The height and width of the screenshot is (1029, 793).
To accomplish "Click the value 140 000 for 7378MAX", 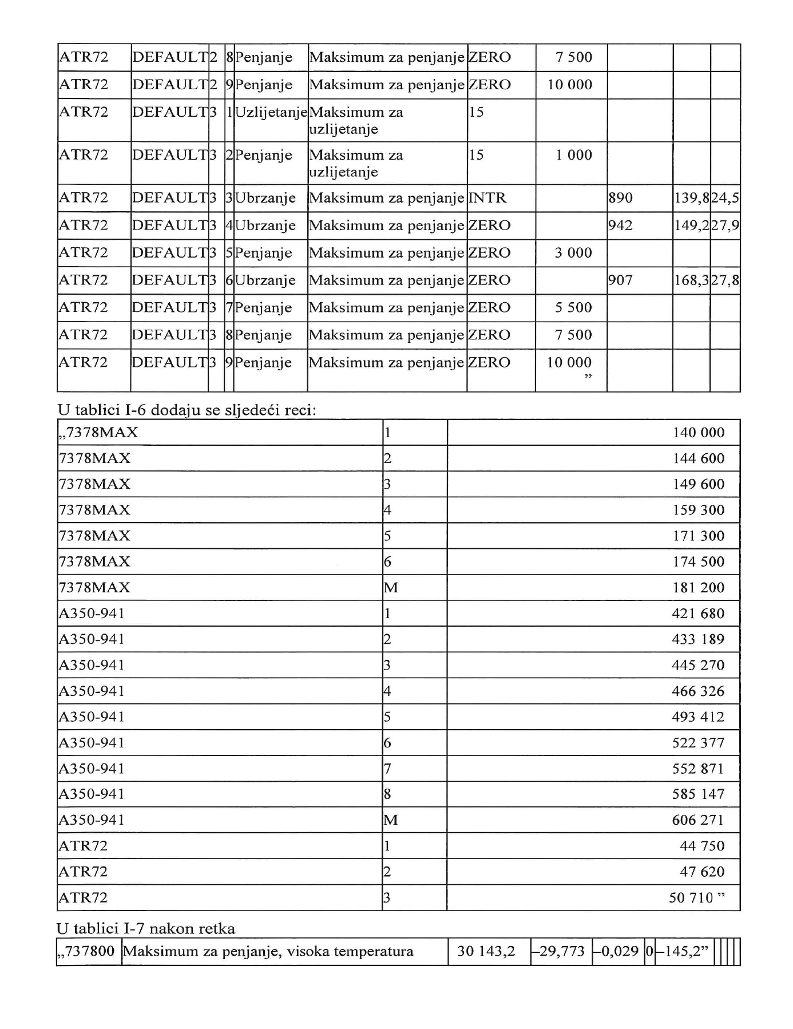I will click(698, 433).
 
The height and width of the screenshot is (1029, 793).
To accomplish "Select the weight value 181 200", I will click(698, 588).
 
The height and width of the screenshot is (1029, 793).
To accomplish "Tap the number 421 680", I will click(697, 614).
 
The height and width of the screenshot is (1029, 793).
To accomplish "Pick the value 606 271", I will click(697, 820).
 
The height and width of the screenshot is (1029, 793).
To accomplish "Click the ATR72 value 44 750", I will click(701, 846).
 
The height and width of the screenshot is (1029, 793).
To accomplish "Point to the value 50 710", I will click(691, 897).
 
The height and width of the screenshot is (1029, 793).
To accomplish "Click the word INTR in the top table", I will click(487, 198).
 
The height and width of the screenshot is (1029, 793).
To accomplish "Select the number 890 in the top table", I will click(621, 198).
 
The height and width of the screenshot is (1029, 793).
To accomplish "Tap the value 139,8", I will click(692, 198).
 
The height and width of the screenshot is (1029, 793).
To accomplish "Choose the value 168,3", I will click(692, 280).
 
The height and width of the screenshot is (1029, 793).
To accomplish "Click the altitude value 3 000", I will click(573, 253).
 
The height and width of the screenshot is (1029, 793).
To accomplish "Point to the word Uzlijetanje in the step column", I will click(271, 112).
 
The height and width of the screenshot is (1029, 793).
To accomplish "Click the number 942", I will click(621, 225).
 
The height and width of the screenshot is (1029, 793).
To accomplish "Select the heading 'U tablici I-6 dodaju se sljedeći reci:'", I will click(187, 410).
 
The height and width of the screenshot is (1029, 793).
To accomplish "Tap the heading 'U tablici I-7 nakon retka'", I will click(146, 928).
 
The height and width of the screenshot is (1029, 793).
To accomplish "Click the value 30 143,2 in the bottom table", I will click(486, 951).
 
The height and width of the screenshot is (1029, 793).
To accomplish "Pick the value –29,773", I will click(560, 951).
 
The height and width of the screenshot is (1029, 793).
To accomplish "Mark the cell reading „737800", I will click(87, 951).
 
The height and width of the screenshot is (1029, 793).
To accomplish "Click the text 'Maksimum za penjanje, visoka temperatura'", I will click(268, 951).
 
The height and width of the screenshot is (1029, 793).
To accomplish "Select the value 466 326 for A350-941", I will click(697, 691).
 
